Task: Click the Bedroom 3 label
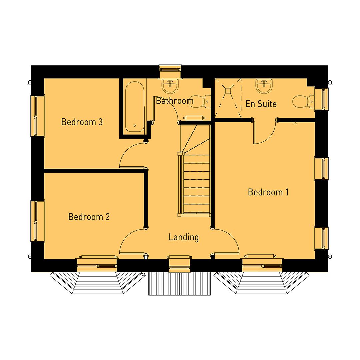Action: point(82,122)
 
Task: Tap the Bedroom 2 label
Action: point(89,217)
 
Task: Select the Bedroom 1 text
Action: point(268,192)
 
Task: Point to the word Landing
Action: point(184,237)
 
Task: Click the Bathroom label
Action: point(174,101)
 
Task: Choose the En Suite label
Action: point(261,104)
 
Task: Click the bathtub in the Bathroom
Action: point(135,106)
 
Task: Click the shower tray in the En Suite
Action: point(228,98)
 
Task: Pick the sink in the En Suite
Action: point(265,86)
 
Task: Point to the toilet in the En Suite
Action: point(303,101)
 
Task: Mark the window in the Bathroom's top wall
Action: point(170,69)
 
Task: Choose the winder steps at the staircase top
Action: point(195,138)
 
